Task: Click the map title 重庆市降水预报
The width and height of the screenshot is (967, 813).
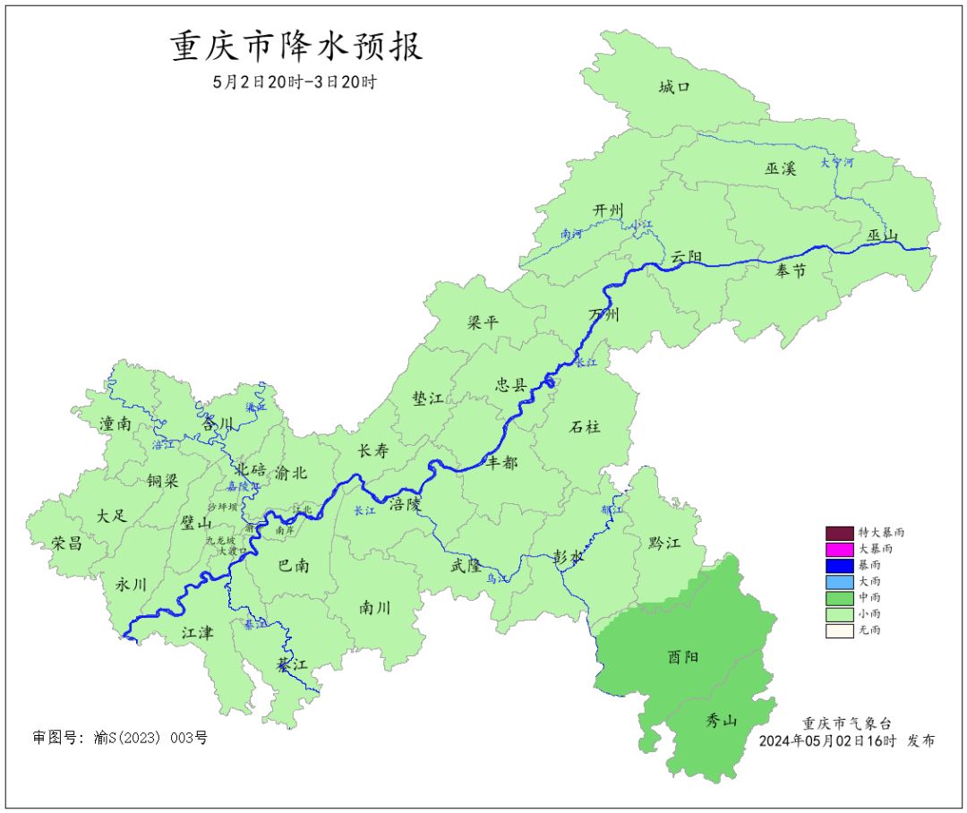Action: (296, 47)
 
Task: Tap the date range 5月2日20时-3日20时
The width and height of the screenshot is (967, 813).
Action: (295, 81)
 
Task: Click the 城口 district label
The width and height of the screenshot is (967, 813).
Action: (674, 87)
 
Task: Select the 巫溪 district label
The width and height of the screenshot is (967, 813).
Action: (780, 167)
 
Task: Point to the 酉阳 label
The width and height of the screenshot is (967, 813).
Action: (683, 656)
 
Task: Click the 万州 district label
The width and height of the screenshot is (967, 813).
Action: (603, 314)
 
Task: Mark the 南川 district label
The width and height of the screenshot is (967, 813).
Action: (375, 607)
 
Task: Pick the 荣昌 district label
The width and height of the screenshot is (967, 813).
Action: (66, 543)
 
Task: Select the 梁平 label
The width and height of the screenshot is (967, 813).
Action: (483, 323)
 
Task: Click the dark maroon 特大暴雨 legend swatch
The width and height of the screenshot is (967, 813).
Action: (839, 532)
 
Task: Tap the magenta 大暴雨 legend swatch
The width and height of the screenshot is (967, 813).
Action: (839, 548)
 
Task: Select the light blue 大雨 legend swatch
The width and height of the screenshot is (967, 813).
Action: (839, 581)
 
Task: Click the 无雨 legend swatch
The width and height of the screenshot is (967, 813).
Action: (839, 630)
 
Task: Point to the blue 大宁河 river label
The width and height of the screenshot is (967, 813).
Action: (837, 163)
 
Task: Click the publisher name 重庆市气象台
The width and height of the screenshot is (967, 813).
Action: (846, 723)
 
